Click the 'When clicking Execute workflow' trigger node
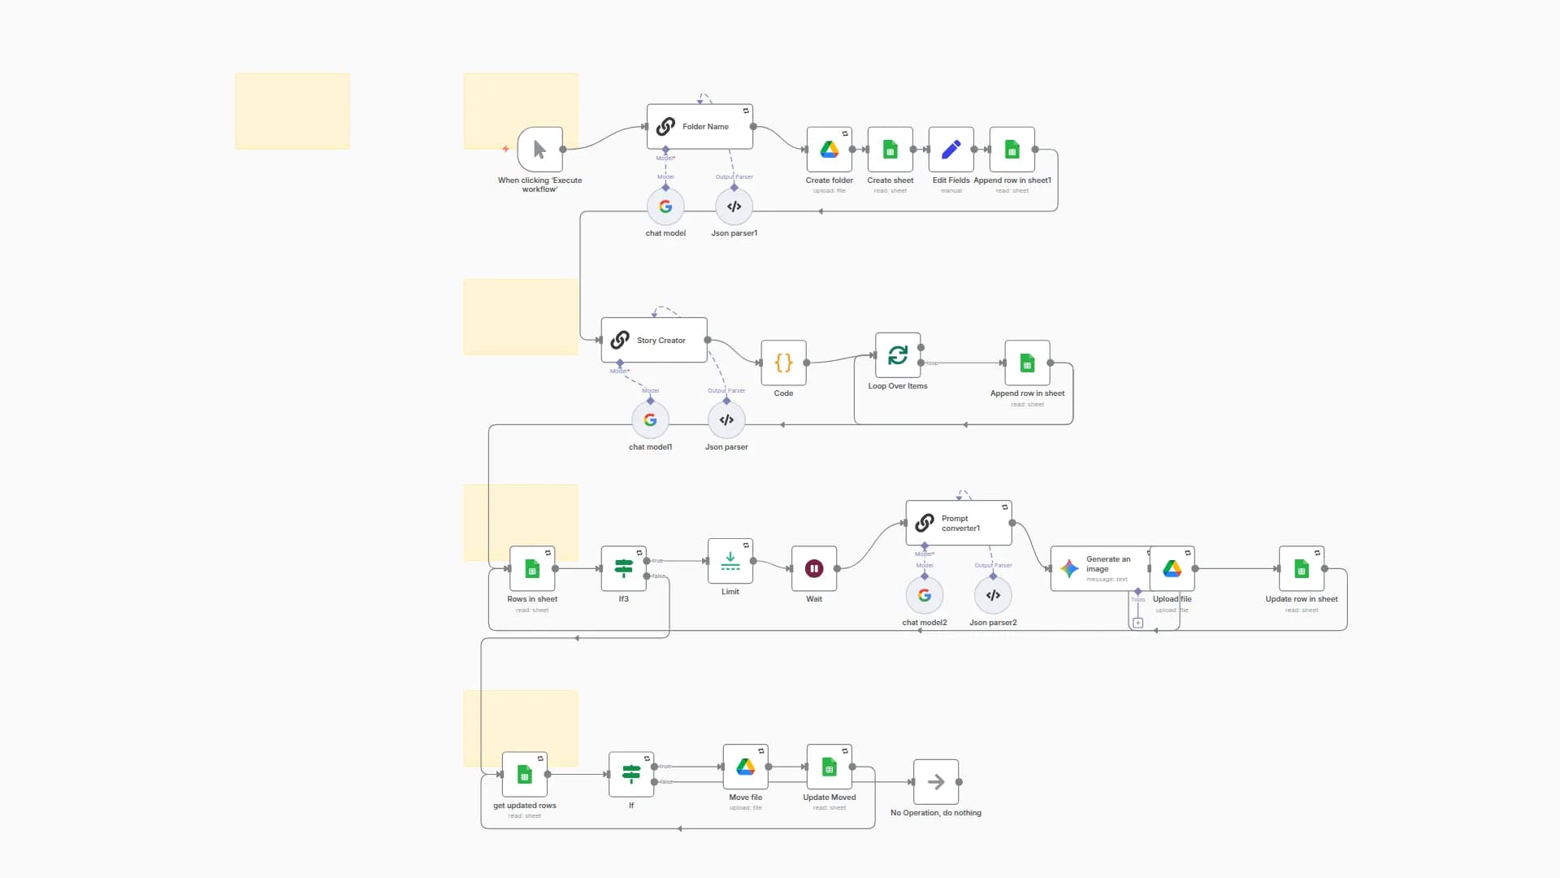539,150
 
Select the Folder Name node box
700,127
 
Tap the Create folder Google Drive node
829,150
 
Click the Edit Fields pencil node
951,150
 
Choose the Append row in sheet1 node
1012,150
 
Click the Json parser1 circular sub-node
734,206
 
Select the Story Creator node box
654,340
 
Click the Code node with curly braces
783,363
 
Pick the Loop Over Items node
897,355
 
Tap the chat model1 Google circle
650,420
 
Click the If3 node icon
623,568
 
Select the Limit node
730,561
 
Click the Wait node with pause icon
813,568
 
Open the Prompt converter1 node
959,523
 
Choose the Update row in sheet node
1301,568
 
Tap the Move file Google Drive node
745,767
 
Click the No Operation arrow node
935,782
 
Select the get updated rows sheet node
524,775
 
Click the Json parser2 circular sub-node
993,595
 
